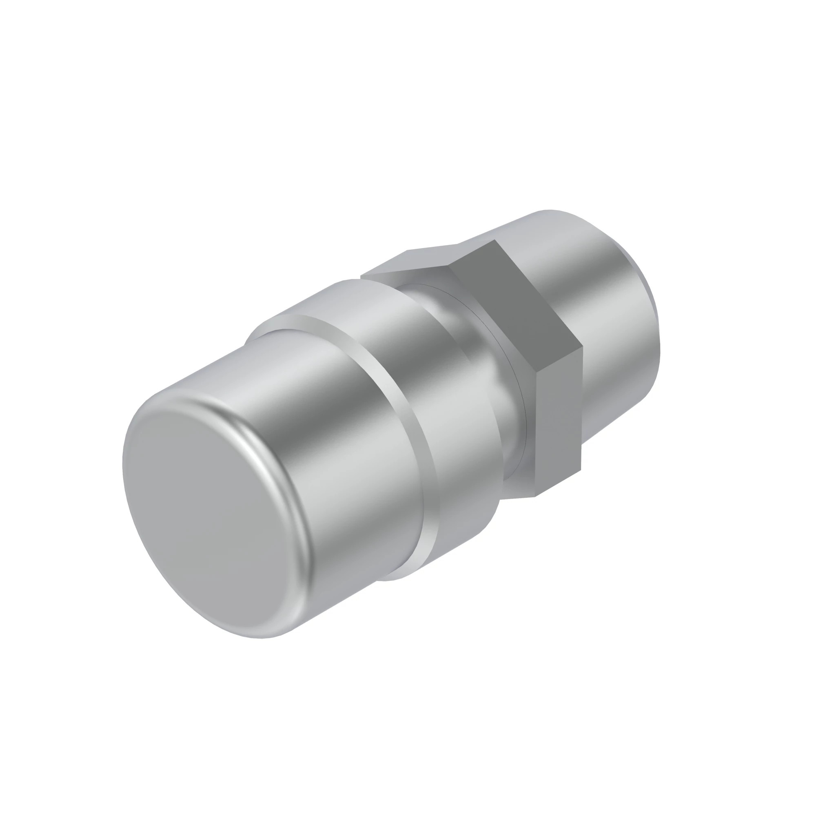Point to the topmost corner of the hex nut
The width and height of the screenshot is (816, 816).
pos(494,240)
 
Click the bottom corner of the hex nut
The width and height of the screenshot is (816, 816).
pos(536,496)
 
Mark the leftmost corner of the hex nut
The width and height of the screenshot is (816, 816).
pos(361,277)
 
